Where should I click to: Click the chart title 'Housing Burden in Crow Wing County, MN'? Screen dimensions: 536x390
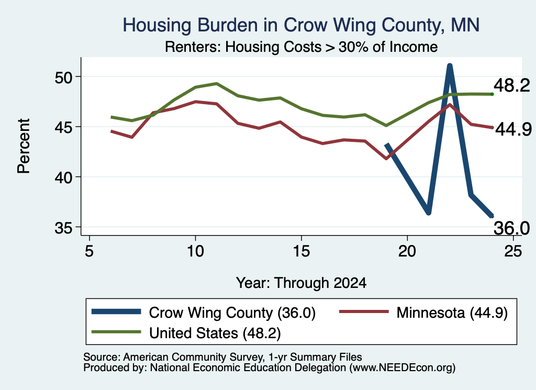(301, 25)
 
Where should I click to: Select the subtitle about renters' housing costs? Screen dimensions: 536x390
(301, 47)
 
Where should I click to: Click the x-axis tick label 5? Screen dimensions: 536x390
(89, 251)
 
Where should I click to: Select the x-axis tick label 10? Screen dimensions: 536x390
(195, 251)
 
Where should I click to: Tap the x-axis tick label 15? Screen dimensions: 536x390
(301, 251)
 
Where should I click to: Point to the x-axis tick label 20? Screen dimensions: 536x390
(407, 251)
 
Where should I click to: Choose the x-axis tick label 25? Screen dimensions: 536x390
(513, 251)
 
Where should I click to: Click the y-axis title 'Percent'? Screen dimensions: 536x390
(24, 146)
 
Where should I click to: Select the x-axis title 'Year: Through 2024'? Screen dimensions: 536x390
(301, 283)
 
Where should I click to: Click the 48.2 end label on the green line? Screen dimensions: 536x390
(512, 85)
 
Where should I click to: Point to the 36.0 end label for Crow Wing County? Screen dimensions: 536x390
(511, 228)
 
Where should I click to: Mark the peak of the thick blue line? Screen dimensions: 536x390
(450, 65)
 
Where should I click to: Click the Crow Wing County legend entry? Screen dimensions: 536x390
(204, 313)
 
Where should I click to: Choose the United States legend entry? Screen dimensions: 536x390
(186, 332)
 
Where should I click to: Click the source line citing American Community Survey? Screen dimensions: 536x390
(222, 357)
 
